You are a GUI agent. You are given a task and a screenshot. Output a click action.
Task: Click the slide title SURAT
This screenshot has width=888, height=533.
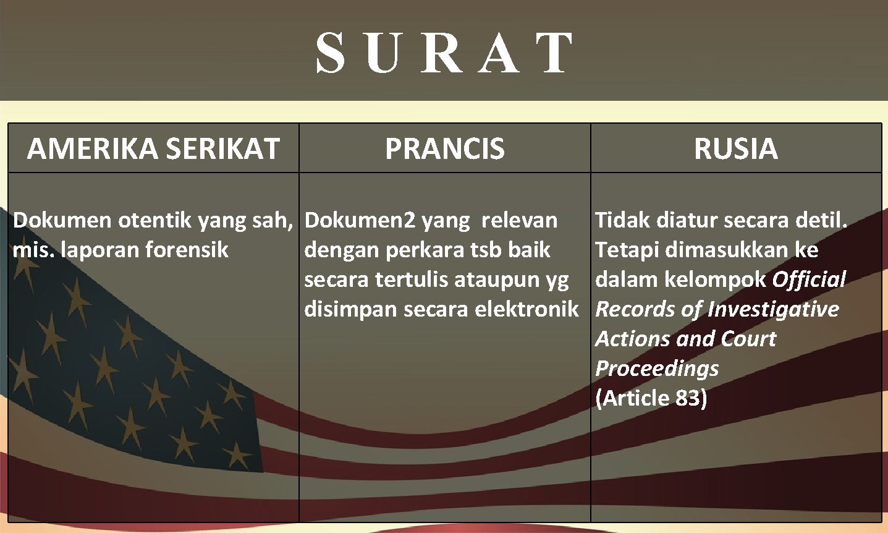[444, 53]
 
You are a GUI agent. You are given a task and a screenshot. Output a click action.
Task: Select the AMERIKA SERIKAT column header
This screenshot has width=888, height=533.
[153, 148]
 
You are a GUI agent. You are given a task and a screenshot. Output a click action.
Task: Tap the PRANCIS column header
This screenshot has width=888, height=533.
[445, 148]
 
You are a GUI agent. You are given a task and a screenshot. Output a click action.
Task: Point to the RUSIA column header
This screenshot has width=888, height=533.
[735, 148]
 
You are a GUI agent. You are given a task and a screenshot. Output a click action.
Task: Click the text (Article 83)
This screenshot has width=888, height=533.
[651, 398]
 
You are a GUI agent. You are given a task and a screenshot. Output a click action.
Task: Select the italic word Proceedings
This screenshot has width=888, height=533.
[657, 369]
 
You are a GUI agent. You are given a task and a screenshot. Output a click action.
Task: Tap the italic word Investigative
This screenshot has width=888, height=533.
[773, 309]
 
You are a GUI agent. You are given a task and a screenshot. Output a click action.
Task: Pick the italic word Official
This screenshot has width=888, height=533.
[809, 279]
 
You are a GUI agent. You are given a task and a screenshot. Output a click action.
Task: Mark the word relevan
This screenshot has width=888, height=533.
[519, 220]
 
